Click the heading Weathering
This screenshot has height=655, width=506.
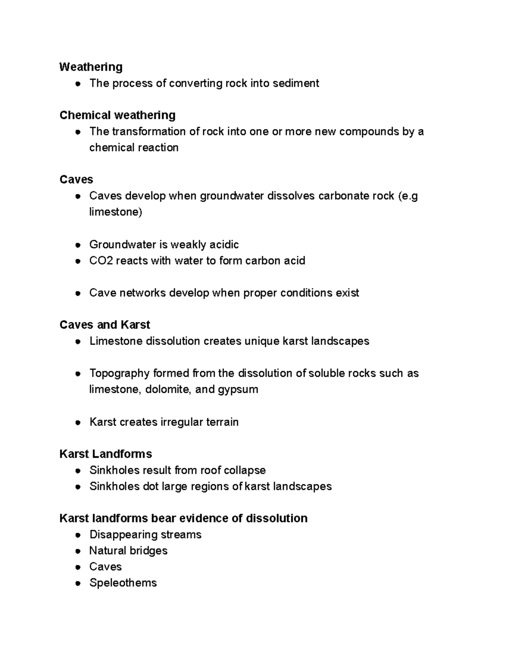pyautogui.click(x=91, y=67)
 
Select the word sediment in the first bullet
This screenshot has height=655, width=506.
pyautogui.click(x=296, y=83)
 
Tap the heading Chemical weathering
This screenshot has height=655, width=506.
pyautogui.click(x=117, y=115)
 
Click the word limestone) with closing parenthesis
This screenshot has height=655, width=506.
pyautogui.click(x=116, y=212)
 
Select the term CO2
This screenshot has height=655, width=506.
pyautogui.click(x=101, y=261)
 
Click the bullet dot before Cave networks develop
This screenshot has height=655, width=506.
pyautogui.click(x=78, y=294)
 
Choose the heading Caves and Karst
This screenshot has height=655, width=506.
pyautogui.click(x=105, y=325)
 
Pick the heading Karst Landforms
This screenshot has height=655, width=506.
pyautogui.click(x=105, y=454)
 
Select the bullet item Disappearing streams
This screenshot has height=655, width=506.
pyautogui.click(x=145, y=534)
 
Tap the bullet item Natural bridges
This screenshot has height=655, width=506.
pyautogui.click(x=128, y=550)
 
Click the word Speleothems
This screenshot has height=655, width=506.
pyautogui.click(x=123, y=583)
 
